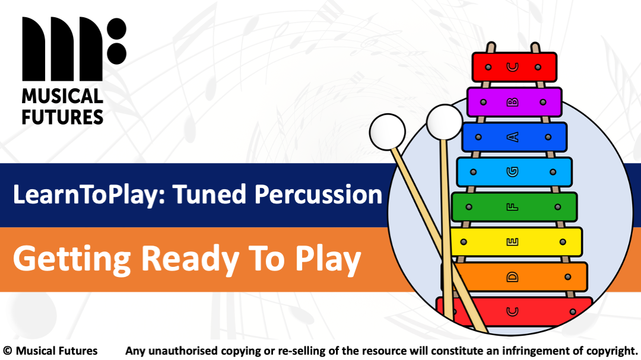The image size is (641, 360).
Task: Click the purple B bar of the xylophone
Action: coord(514,102)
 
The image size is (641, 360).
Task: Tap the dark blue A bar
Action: coord(514,137)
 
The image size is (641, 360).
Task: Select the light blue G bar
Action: coord(514,172)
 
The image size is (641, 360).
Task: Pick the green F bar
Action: coord(514,207)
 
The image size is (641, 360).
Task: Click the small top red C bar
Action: coord(514,67)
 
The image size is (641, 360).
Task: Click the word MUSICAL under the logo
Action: coord(62,96)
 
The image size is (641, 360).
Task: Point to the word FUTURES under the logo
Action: coord(62,116)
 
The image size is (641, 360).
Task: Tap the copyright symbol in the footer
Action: coord(8,351)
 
